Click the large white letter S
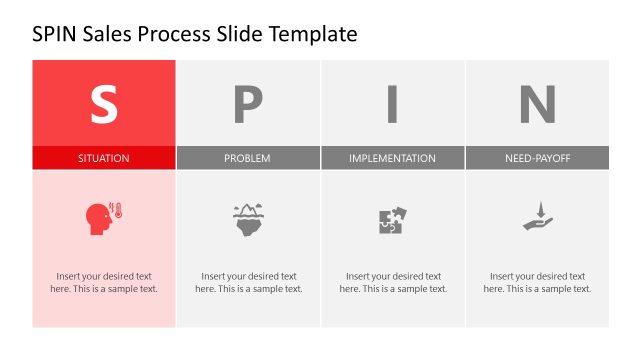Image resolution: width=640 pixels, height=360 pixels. point(104,103)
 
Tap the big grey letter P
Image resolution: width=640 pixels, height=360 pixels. point(248,103)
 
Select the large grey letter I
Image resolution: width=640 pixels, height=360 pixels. point(392,103)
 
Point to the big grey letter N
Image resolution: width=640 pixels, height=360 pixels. point(537,103)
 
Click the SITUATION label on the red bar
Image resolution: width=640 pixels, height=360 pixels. point(104,158)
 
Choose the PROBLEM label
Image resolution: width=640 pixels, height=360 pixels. point(247,158)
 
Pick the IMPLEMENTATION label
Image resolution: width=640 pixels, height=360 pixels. point(392,158)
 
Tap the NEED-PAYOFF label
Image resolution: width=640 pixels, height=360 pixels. point(537,158)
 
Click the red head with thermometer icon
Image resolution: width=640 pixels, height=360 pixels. point(104,218)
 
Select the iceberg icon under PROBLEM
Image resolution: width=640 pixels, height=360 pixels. point(248,218)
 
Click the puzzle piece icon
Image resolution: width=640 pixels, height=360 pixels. point(392,220)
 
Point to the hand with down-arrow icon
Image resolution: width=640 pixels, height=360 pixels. point(537,217)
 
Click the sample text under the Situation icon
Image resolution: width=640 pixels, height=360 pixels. point(104,282)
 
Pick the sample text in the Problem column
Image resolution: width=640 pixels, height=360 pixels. point(248,282)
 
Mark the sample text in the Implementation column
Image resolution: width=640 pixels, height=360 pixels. point(392,282)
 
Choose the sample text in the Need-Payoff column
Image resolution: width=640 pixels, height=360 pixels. point(537,282)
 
